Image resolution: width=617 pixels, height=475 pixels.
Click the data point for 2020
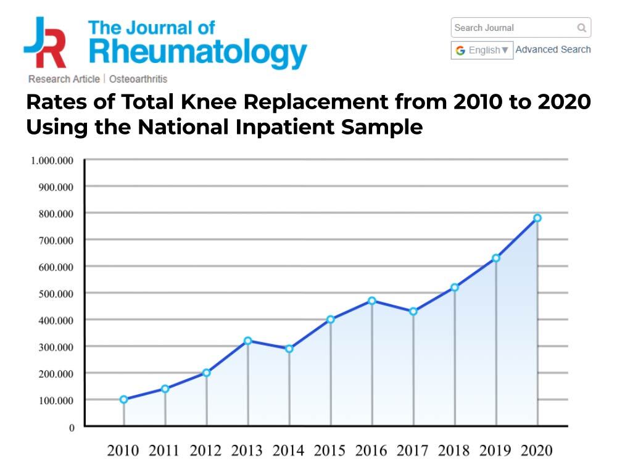(x=537, y=218)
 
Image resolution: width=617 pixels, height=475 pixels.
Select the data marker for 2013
(x=247, y=341)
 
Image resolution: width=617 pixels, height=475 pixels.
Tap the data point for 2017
(x=413, y=312)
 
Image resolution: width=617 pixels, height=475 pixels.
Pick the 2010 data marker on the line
(x=124, y=399)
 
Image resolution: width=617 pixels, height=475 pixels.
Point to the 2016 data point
(x=372, y=300)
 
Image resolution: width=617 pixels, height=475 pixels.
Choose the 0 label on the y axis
(x=72, y=427)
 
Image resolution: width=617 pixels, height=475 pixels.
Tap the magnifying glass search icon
(x=581, y=28)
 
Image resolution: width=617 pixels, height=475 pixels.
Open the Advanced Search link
(x=553, y=49)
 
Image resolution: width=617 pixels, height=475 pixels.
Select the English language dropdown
(x=482, y=50)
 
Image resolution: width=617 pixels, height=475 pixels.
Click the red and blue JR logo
(x=44, y=42)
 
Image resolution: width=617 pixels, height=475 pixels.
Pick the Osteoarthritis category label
(x=138, y=79)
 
